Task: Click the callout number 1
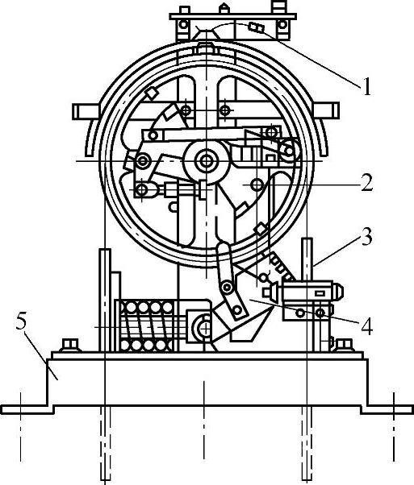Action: [x=367, y=87]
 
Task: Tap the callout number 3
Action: [x=366, y=237]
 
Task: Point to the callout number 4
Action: [x=367, y=326]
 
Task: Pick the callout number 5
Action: [x=22, y=322]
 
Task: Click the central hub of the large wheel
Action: [x=206, y=161]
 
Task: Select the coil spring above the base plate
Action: [x=146, y=326]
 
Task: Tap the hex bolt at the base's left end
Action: [x=71, y=345]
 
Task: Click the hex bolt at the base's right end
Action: [x=344, y=345]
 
